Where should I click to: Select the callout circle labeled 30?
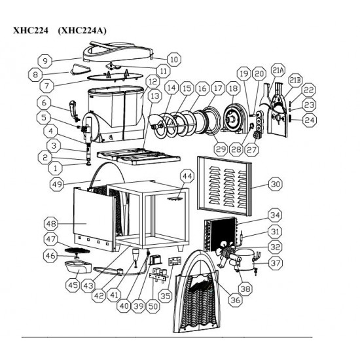click(275, 184)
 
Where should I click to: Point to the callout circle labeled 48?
click(50, 223)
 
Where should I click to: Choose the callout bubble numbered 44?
click(187, 176)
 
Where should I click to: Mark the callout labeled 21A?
click(278, 70)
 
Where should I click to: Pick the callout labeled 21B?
click(295, 80)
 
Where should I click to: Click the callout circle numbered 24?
click(310, 120)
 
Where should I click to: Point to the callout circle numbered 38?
click(245, 287)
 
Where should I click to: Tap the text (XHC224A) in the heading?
click(82, 29)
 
